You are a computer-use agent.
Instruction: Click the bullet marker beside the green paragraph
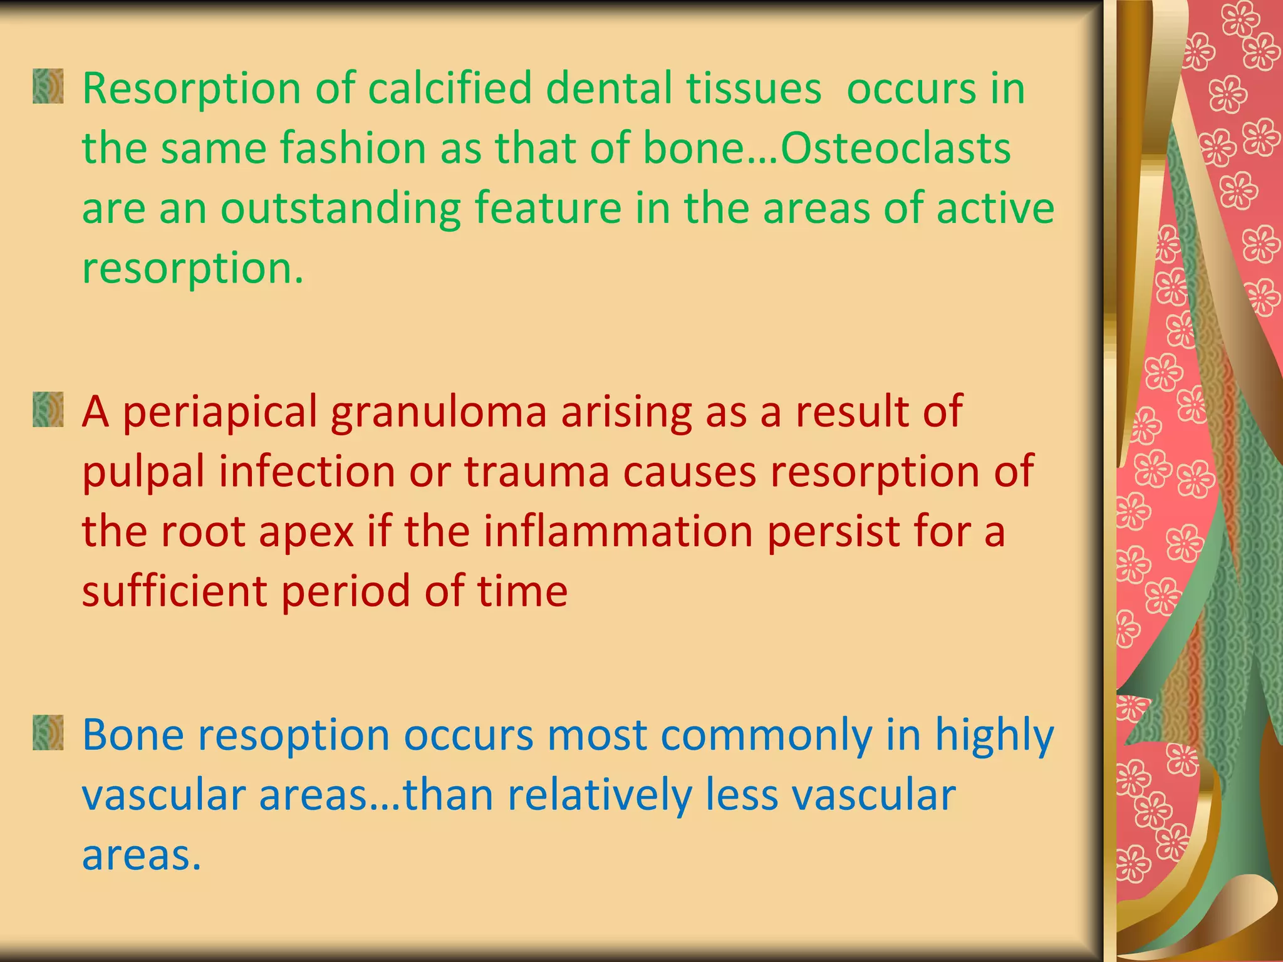48,86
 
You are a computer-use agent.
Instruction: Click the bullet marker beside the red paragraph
48,410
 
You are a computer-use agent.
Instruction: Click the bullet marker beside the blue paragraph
48,732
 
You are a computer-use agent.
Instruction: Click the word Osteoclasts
895,148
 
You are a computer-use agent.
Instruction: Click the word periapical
219,413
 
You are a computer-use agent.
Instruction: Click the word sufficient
174,591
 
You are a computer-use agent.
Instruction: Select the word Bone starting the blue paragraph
133,735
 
